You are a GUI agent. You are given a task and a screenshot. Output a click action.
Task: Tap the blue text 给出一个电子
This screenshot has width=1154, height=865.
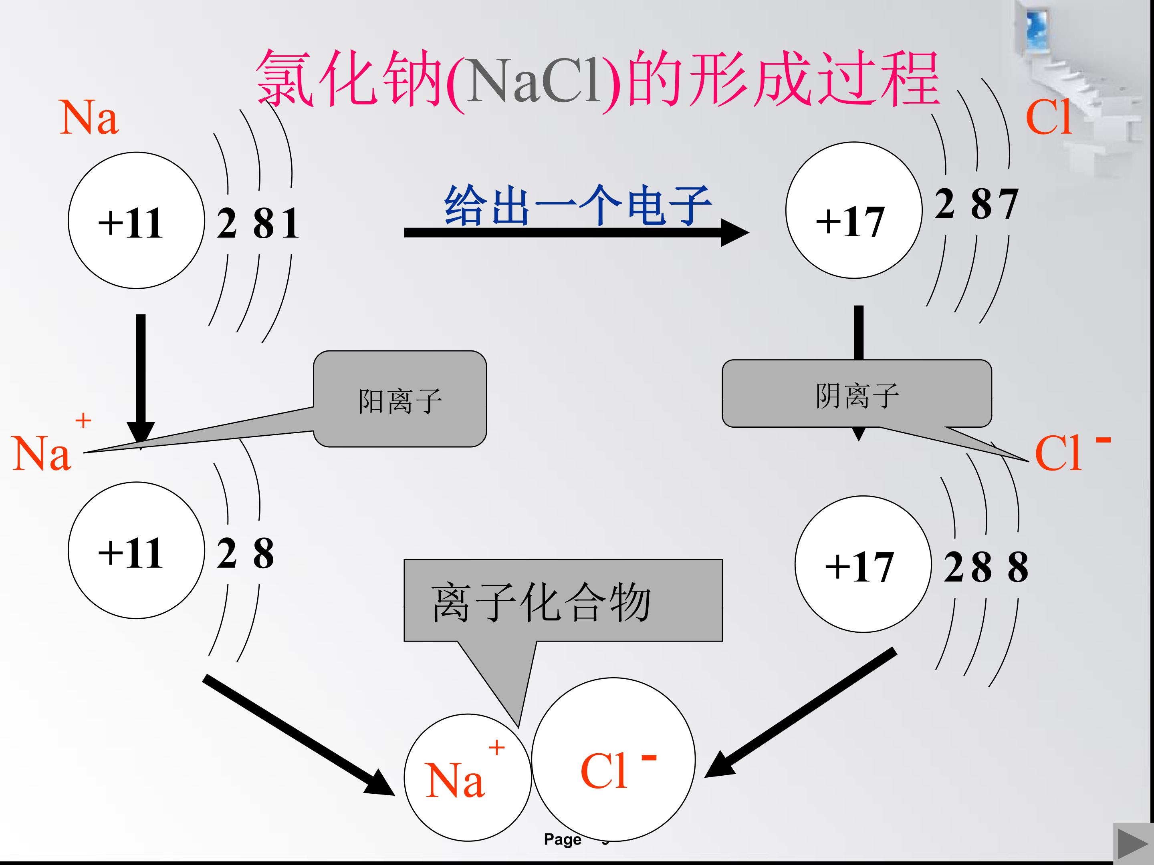pyautogui.click(x=577, y=205)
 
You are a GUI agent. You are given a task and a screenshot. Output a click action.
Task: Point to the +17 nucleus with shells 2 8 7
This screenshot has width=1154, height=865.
pyautogui.click(x=854, y=210)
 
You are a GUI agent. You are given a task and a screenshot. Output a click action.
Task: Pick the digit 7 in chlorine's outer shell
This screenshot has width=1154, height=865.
pyautogui.click(x=1007, y=204)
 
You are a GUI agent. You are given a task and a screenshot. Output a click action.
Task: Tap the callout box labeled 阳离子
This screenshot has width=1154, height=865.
pyautogui.click(x=399, y=399)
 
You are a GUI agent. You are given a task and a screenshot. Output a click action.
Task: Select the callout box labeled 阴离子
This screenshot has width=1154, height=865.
pyautogui.click(x=857, y=394)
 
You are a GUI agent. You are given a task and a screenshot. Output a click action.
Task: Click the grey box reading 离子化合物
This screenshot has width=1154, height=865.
pyautogui.click(x=563, y=600)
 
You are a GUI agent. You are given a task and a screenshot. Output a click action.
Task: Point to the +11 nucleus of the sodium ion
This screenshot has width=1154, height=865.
pyautogui.click(x=136, y=550)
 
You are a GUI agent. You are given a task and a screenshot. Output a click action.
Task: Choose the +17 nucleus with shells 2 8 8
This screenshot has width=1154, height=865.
pyautogui.click(x=863, y=564)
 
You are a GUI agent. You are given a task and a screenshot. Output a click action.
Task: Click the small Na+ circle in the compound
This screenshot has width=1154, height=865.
pyautogui.click(x=468, y=777)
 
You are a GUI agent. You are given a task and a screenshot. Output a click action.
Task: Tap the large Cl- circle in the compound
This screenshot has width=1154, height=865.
pyautogui.click(x=613, y=760)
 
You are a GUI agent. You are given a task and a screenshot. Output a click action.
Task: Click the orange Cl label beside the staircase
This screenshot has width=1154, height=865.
pyautogui.click(x=1049, y=117)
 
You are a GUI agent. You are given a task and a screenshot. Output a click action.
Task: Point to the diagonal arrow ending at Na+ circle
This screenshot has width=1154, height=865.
pyautogui.click(x=299, y=735)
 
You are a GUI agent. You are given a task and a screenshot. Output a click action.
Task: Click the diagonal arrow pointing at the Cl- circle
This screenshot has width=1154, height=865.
pyautogui.click(x=800, y=713)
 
